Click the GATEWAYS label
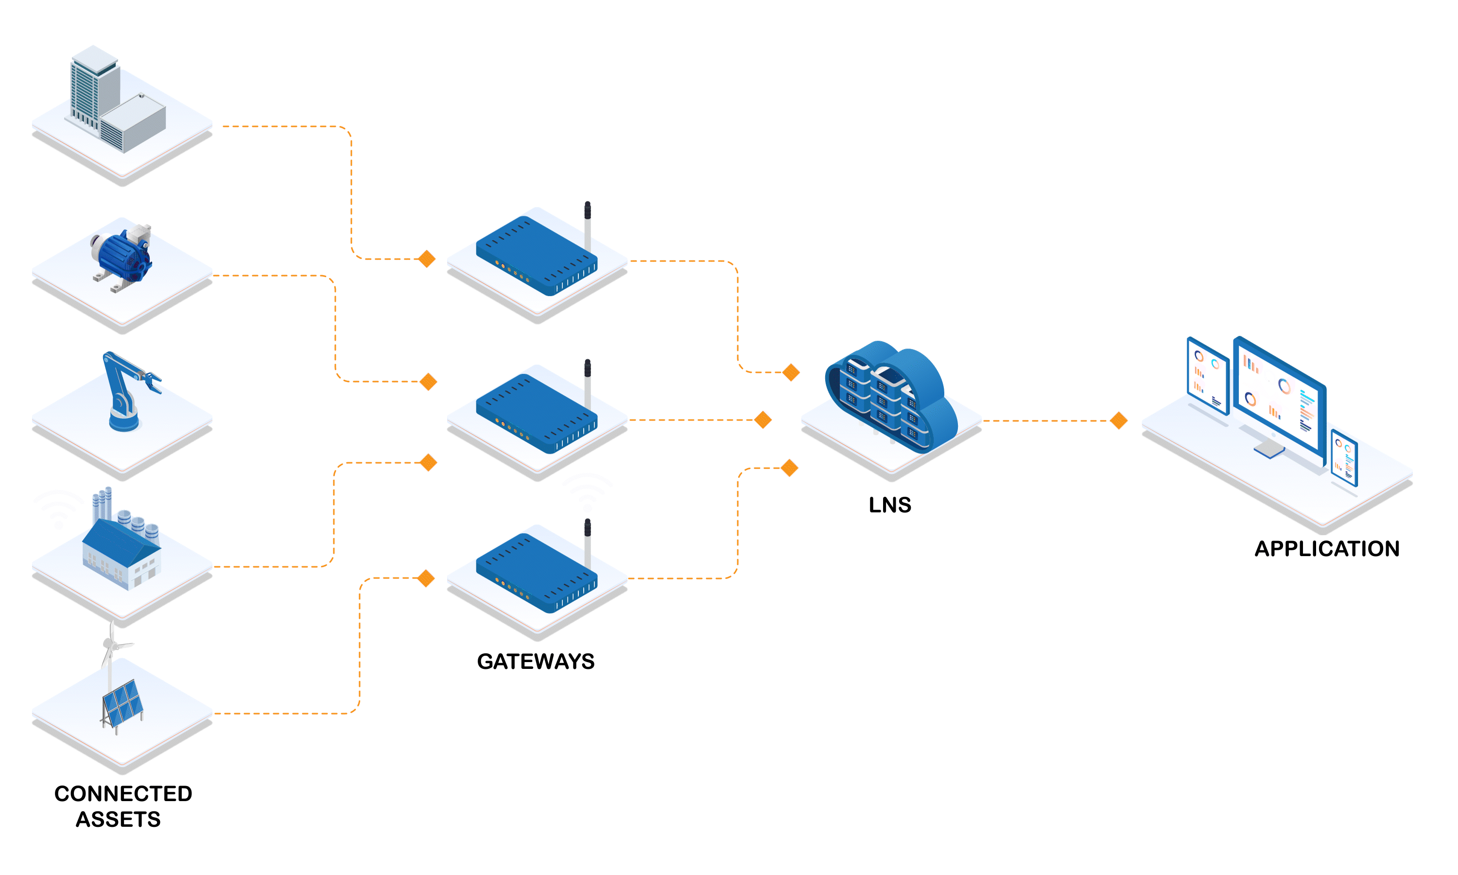(x=535, y=661)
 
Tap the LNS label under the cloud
(x=890, y=505)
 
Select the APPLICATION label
(x=1327, y=548)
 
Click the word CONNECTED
(x=123, y=794)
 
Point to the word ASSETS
(x=118, y=820)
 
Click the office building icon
(x=115, y=100)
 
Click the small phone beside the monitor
(x=1344, y=457)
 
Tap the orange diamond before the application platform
(x=1119, y=420)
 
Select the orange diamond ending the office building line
(x=426, y=259)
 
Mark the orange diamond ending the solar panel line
(x=426, y=578)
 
